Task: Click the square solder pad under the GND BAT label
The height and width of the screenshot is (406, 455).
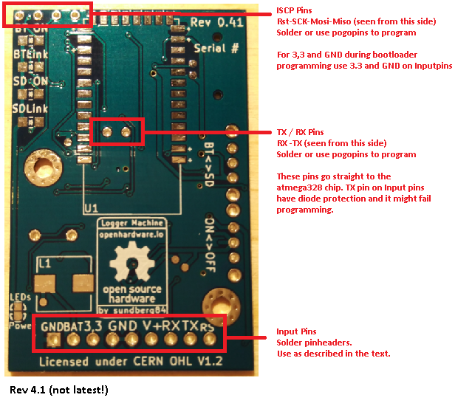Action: point(54,340)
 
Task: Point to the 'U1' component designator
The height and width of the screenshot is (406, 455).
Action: point(91,210)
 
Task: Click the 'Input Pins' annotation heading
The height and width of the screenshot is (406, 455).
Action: point(299,332)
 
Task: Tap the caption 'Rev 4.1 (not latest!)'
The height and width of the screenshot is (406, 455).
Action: point(58,389)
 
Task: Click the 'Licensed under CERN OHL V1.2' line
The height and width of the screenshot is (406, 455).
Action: point(129,361)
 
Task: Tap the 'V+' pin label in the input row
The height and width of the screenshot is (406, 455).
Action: point(150,325)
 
